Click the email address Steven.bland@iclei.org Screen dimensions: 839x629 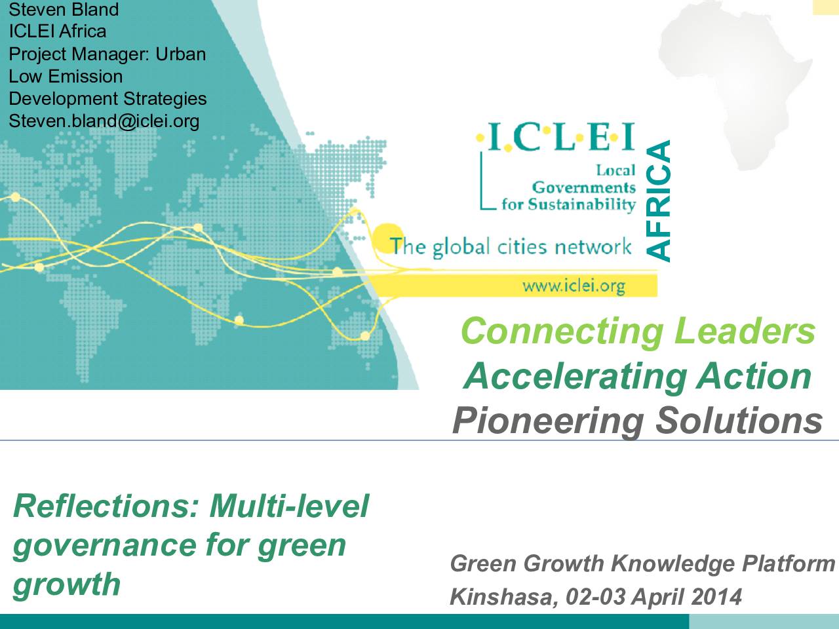[x=104, y=121]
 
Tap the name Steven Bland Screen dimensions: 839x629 [x=64, y=9]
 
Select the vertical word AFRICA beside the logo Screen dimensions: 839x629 [x=658, y=201]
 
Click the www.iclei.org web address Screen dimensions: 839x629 [x=574, y=286]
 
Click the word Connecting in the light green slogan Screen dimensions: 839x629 [x=562, y=332]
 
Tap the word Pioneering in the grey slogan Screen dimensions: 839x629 [x=549, y=421]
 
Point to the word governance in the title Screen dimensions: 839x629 [x=105, y=546]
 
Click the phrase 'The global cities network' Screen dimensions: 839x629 [x=511, y=246]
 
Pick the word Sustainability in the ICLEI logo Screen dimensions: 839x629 [x=582, y=204]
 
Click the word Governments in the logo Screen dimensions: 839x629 [x=583, y=187]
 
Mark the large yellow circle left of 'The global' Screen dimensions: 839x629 [x=387, y=238]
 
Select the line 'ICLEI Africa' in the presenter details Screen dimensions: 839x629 [x=57, y=31]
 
